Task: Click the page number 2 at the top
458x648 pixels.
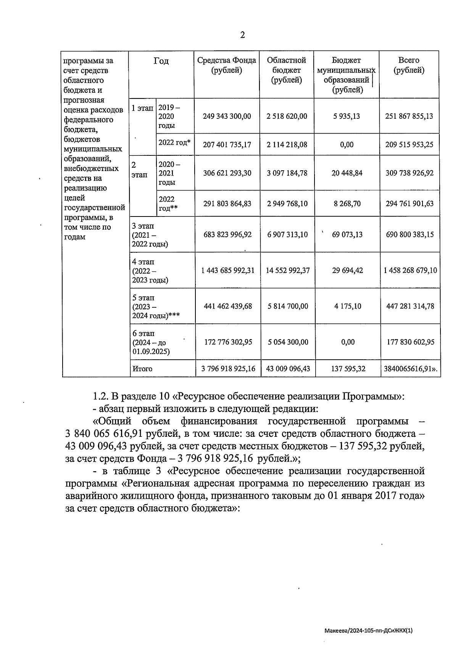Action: [x=242, y=36]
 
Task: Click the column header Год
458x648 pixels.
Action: [x=161, y=61]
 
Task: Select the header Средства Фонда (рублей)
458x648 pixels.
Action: [x=227, y=65]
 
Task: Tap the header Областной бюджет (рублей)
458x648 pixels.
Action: [x=287, y=70]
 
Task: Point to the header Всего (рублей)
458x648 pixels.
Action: [x=409, y=65]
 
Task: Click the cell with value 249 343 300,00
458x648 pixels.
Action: [x=227, y=116]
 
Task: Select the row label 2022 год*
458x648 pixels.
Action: [x=174, y=142]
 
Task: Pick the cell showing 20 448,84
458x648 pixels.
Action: [x=347, y=173]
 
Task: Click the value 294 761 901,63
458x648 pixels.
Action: [x=410, y=204]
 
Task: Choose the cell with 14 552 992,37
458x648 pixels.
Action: [x=288, y=270]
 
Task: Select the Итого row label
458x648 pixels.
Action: [x=142, y=369]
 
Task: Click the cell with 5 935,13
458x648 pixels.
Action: [x=347, y=116]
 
